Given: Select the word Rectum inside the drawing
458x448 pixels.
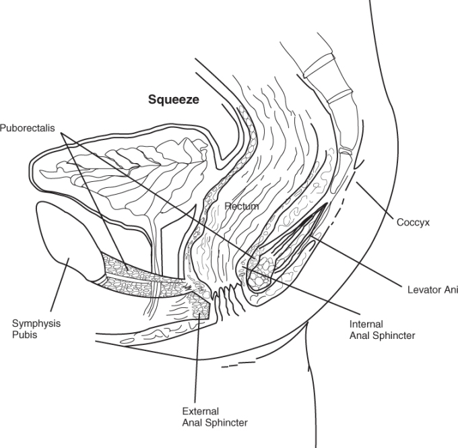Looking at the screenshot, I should pyautogui.click(x=242, y=206).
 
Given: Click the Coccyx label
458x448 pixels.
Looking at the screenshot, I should pyautogui.click(x=414, y=221).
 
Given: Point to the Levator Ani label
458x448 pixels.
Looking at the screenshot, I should pyautogui.click(x=432, y=290).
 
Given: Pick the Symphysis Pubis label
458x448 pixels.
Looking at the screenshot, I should pyautogui.click(x=36, y=328).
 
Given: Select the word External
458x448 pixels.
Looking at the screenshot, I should pyautogui.click(x=201, y=411).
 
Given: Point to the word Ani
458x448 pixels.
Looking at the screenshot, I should pyautogui.click(x=450, y=290).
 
